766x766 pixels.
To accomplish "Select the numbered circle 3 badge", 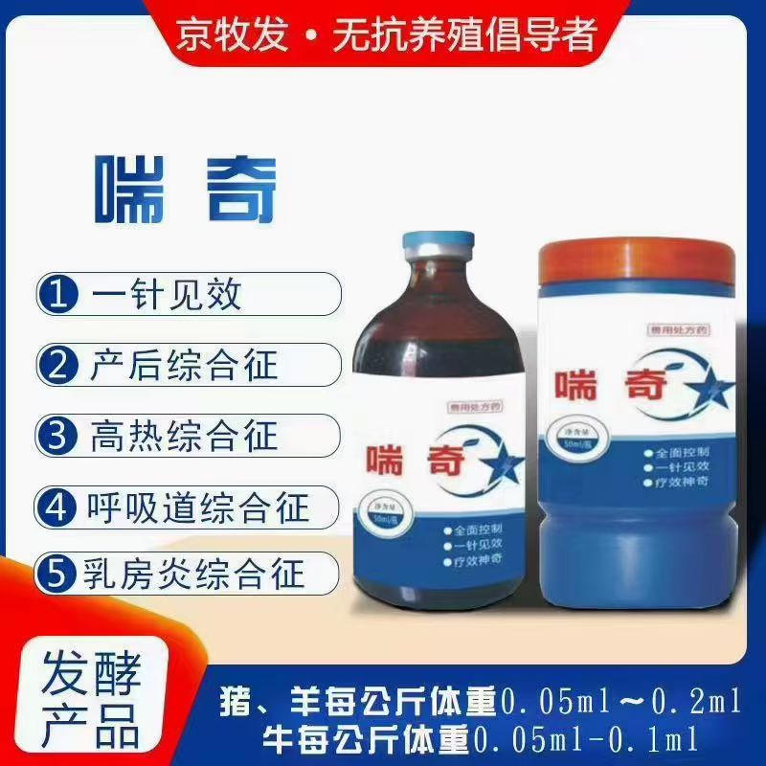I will (59, 436).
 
